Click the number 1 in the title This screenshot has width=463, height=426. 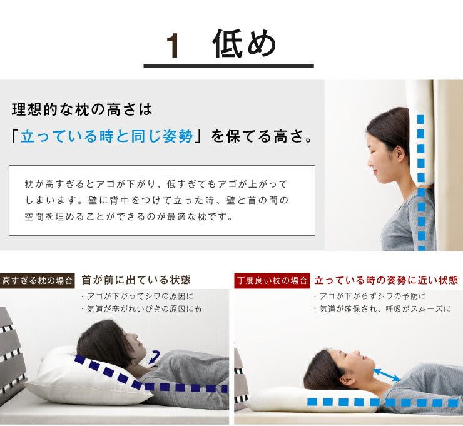coord(173,45)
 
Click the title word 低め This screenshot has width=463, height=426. coord(244,43)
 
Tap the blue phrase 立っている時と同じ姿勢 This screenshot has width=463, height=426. coord(106,136)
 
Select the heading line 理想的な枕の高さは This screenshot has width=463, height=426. coord(82,109)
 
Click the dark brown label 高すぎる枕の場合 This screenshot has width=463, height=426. coord(37,280)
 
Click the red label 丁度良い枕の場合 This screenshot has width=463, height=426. coord(272,280)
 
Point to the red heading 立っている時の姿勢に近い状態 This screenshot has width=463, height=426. coord(386,280)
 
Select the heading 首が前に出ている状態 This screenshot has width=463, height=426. coord(136,280)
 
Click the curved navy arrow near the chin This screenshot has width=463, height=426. coord(155,357)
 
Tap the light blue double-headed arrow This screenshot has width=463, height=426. coord(387,375)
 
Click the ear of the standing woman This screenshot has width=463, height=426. coord(400,153)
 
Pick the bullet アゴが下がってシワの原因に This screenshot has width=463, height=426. coord(138,296)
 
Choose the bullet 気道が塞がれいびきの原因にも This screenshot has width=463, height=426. coord(142,309)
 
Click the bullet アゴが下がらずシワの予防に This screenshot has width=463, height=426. coord(370,296)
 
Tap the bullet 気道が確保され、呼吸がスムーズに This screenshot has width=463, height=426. coord(383,309)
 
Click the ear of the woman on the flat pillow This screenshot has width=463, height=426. coord(350,382)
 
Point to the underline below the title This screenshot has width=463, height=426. coord(228,66)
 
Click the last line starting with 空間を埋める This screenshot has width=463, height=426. coord(129,216)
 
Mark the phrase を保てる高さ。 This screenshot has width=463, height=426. coord(262,136)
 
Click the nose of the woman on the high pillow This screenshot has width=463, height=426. coord(135,336)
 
